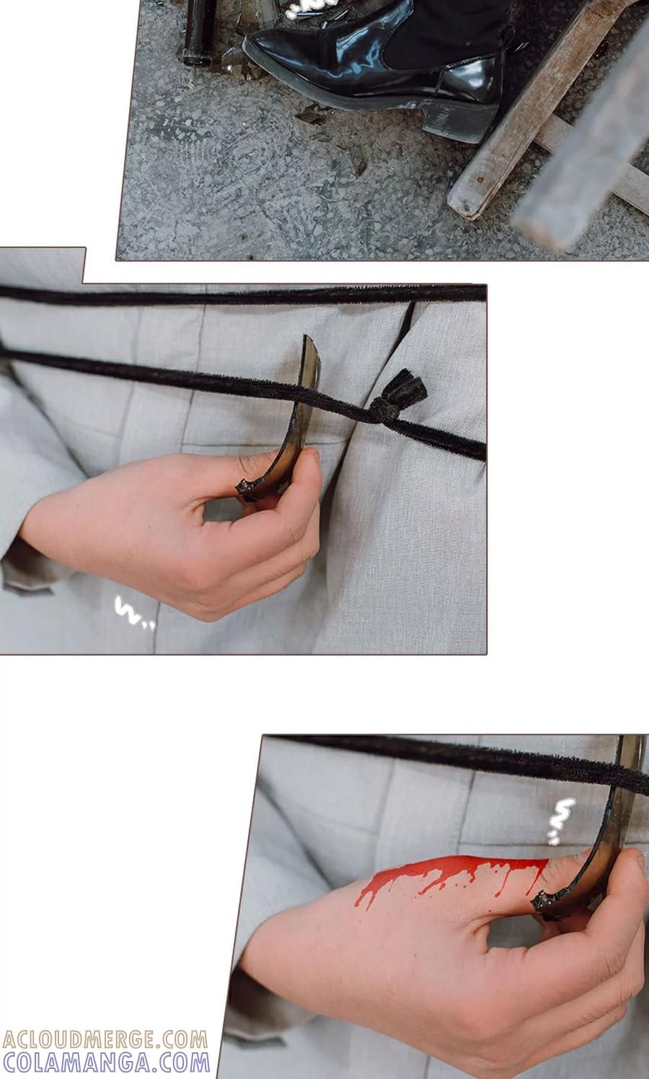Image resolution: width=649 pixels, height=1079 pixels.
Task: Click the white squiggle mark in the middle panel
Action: point(133,613)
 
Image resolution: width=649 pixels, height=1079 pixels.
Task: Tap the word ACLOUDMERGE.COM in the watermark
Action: point(105,1039)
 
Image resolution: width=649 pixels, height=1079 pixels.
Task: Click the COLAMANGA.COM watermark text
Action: point(106,1062)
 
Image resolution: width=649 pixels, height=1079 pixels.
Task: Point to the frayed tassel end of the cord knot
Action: point(410,386)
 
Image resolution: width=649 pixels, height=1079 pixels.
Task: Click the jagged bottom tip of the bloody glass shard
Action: point(542,904)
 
